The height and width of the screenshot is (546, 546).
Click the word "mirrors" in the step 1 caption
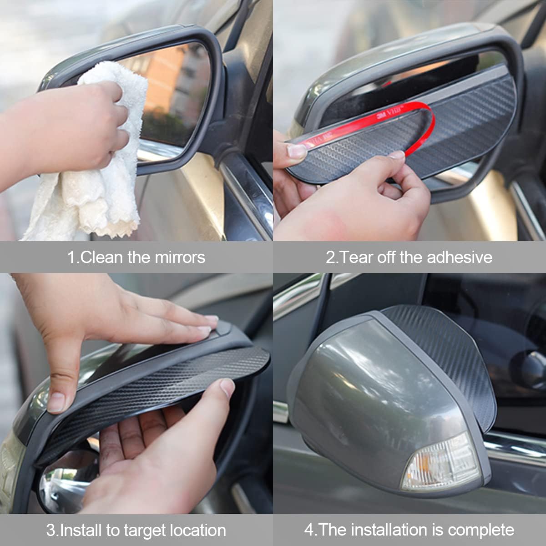pos(180,257)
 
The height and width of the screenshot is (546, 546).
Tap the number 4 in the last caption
pos(309,530)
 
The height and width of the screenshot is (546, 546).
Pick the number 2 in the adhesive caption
pos(330,257)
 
